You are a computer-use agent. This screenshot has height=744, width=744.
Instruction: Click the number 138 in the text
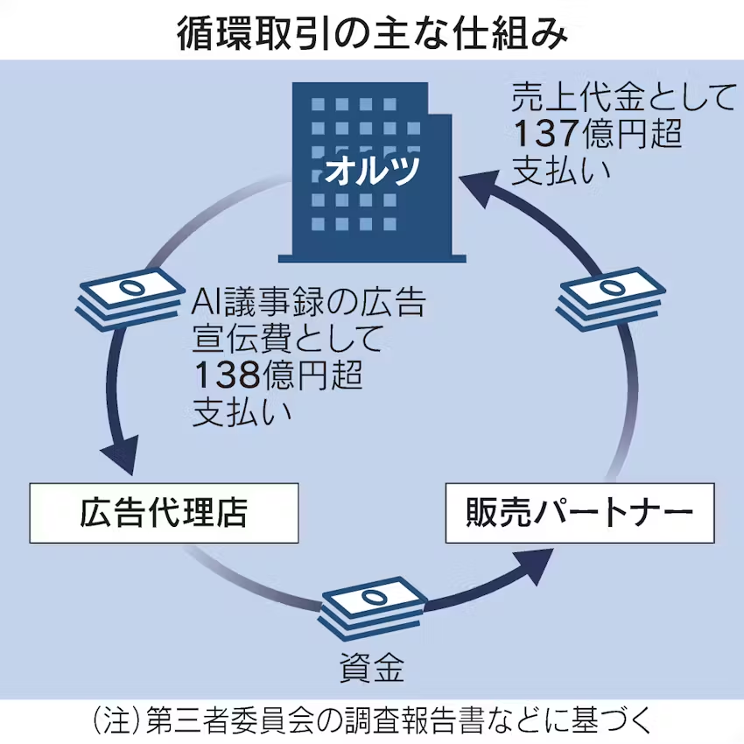coord(225,375)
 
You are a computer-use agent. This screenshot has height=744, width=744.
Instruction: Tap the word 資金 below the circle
coord(372,669)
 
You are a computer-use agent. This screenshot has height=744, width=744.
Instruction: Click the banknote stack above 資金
coord(373,603)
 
